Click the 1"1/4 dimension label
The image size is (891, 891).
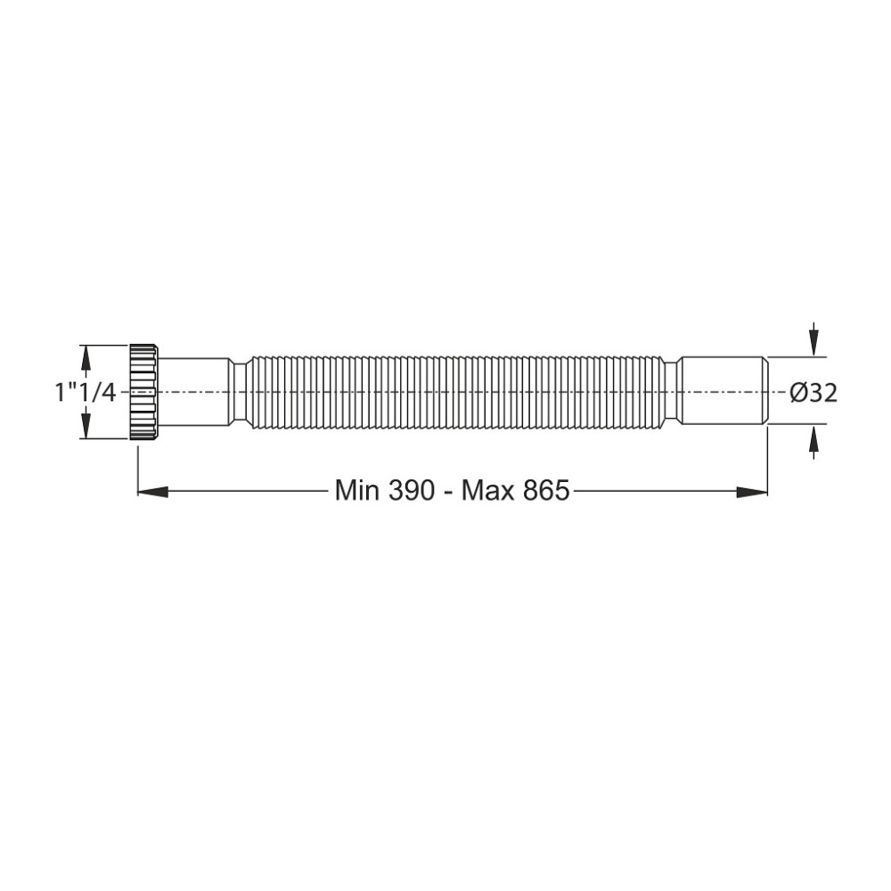[86, 393]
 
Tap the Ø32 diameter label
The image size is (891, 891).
[813, 393]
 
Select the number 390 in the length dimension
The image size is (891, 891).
[412, 490]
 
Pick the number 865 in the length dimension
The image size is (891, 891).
[546, 490]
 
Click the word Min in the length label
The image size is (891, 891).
[357, 490]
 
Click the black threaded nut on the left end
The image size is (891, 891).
[143, 391]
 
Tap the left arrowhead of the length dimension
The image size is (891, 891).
[152, 491]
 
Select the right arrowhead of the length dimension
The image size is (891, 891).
[753, 491]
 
